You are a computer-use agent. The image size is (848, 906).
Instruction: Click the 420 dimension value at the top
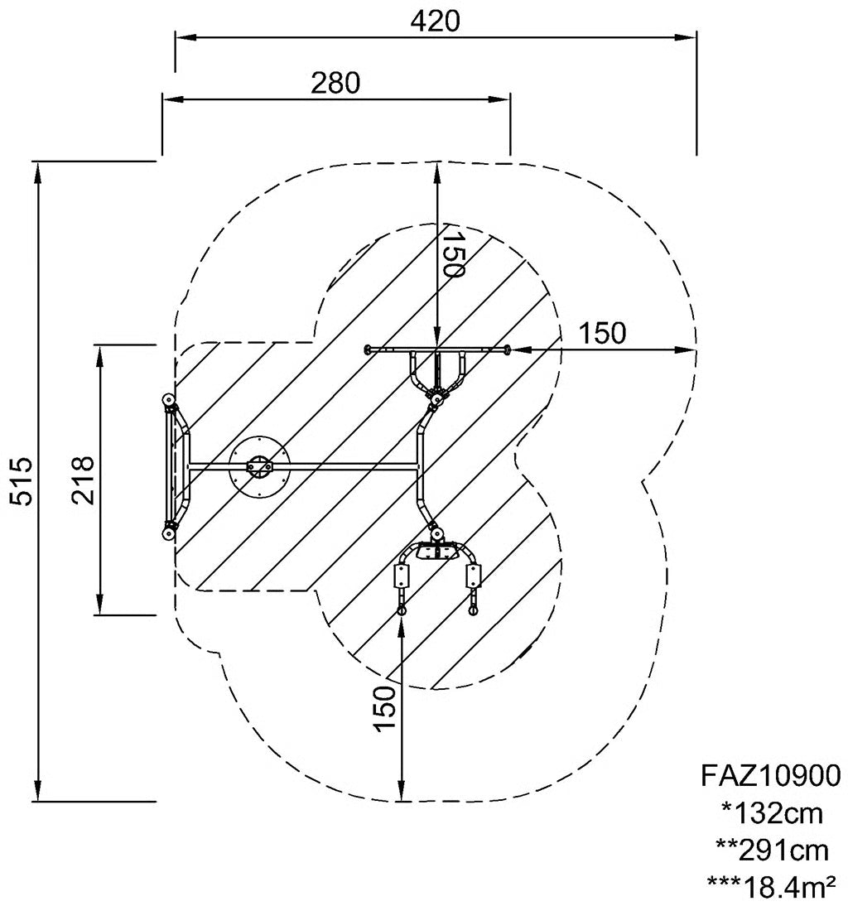click(x=436, y=22)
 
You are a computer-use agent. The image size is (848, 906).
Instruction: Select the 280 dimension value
click(x=335, y=83)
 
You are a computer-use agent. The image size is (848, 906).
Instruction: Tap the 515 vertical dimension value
click(x=23, y=481)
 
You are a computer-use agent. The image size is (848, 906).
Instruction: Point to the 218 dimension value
click(x=83, y=480)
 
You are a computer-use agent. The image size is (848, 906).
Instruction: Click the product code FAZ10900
click(x=771, y=775)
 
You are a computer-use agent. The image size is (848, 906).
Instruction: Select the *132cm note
click(x=772, y=813)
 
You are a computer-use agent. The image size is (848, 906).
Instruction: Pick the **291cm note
click(x=772, y=851)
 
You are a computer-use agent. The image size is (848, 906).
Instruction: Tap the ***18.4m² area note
click(x=772, y=885)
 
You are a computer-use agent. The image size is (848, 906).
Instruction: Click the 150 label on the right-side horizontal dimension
click(x=602, y=334)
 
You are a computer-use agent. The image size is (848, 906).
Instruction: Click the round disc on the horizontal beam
click(x=258, y=465)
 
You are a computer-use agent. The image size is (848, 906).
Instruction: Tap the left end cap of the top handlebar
click(x=367, y=349)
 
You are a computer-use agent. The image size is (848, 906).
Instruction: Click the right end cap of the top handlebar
click(x=507, y=349)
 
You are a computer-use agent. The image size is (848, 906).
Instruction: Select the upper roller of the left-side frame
click(x=169, y=401)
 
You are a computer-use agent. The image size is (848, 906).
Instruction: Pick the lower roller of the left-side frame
click(x=168, y=533)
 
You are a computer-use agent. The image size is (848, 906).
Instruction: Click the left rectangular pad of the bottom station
click(x=400, y=576)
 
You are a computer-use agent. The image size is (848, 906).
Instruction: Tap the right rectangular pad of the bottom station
click(x=474, y=576)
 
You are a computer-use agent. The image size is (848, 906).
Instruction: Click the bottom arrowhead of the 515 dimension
click(x=38, y=791)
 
